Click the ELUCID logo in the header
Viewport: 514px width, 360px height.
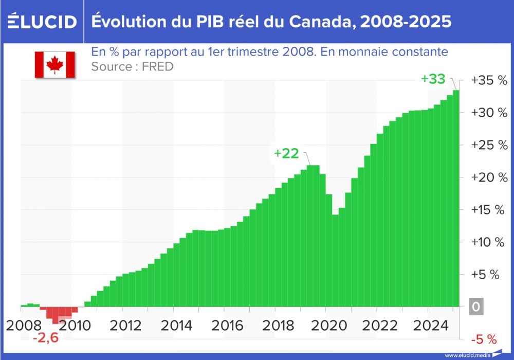click(x=42, y=22)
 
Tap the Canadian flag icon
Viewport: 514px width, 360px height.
click(x=55, y=65)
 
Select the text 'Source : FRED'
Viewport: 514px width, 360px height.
click(x=132, y=66)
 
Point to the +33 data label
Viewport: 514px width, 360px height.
click(x=433, y=79)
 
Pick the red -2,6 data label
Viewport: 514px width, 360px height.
click(x=45, y=339)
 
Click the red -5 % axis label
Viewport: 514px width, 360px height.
click(x=484, y=339)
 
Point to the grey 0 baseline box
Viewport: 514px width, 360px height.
click(x=476, y=307)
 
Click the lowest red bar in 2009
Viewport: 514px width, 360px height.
click(x=56, y=315)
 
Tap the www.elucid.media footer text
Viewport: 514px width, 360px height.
click(x=467, y=355)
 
